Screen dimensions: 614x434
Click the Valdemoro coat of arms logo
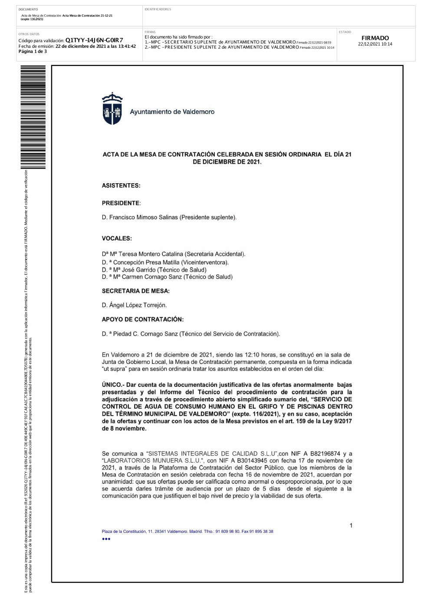pyautogui.click(x=112, y=109)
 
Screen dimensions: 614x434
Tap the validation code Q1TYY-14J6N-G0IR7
pyautogui.click(x=94, y=40)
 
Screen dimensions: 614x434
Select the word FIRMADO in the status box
pyautogui.click(x=375, y=38)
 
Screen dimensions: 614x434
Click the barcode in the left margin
pyautogui.click(x=33, y=117)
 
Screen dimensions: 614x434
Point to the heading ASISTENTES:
pyautogui.click(x=121, y=186)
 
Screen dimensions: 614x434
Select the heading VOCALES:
pyautogui.click(x=117, y=238)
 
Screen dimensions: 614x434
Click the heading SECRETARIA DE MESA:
pyautogui.click(x=136, y=291)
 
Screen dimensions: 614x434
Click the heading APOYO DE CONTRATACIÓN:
pyautogui.click(x=143, y=320)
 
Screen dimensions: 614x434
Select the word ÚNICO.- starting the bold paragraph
pyautogui.click(x=113, y=385)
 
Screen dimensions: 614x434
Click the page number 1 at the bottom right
pyautogui.click(x=351, y=526)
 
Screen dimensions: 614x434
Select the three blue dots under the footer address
pyautogui.click(x=106, y=539)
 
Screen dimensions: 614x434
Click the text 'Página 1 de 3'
pyautogui.click(x=33, y=52)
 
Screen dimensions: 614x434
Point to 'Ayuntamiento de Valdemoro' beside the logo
pyautogui.click(x=172, y=112)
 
